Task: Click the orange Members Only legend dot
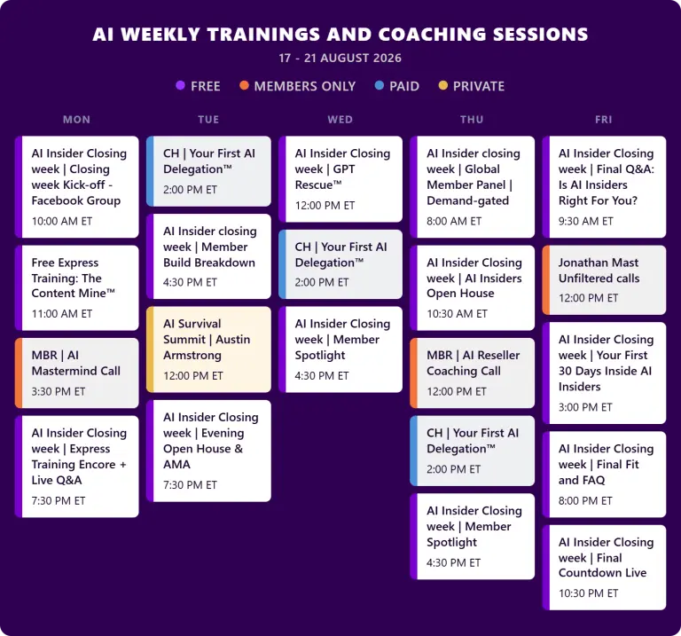tap(244, 85)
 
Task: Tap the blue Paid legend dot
tap(380, 85)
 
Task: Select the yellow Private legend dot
tap(443, 85)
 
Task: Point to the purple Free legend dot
tap(181, 85)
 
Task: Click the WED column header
tap(340, 120)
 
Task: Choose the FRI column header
tap(604, 120)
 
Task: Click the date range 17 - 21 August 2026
tap(340, 59)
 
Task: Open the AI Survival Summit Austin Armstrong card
tap(208, 349)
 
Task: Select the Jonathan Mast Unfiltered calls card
tap(604, 279)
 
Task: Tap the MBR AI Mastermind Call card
tap(77, 373)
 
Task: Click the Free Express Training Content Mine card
tap(77, 287)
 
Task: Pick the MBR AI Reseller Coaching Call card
tap(472, 373)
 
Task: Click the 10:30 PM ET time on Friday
tap(588, 593)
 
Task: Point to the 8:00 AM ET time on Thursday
tap(454, 221)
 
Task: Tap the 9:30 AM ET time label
tap(586, 221)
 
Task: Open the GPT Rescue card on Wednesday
tap(340, 179)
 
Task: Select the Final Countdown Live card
tap(604, 568)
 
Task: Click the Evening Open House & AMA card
tap(208, 451)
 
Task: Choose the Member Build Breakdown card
tap(208, 256)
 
